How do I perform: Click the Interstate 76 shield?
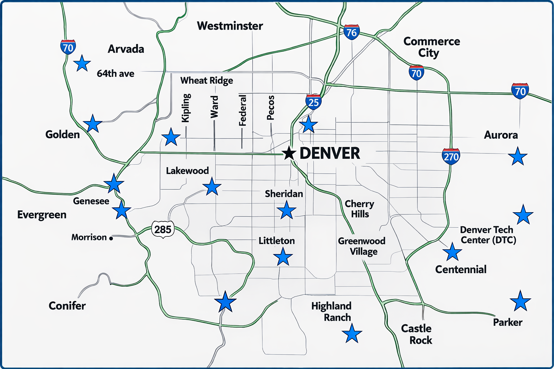point(351,32)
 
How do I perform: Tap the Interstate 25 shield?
point(313,102)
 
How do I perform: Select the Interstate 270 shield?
point(451,156)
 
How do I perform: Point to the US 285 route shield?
point(163,229)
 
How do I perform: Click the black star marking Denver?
point(289,153)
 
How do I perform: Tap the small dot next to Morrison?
point(111,238)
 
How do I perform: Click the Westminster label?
point(230,26)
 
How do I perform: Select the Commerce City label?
point(431,47)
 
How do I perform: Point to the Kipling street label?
point(186,108)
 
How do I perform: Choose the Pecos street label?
point(271,107)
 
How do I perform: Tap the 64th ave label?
point(115,74)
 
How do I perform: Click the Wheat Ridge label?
point(206,80)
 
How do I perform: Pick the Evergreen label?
point(42,215)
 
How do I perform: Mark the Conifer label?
point(67,306)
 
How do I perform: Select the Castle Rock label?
point(417,334)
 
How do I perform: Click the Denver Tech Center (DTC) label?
point(488,235)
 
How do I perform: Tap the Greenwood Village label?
point(362,246)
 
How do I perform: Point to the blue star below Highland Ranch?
point(352,333)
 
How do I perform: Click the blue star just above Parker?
point(520,301)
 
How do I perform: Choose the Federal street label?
point(243,110)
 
